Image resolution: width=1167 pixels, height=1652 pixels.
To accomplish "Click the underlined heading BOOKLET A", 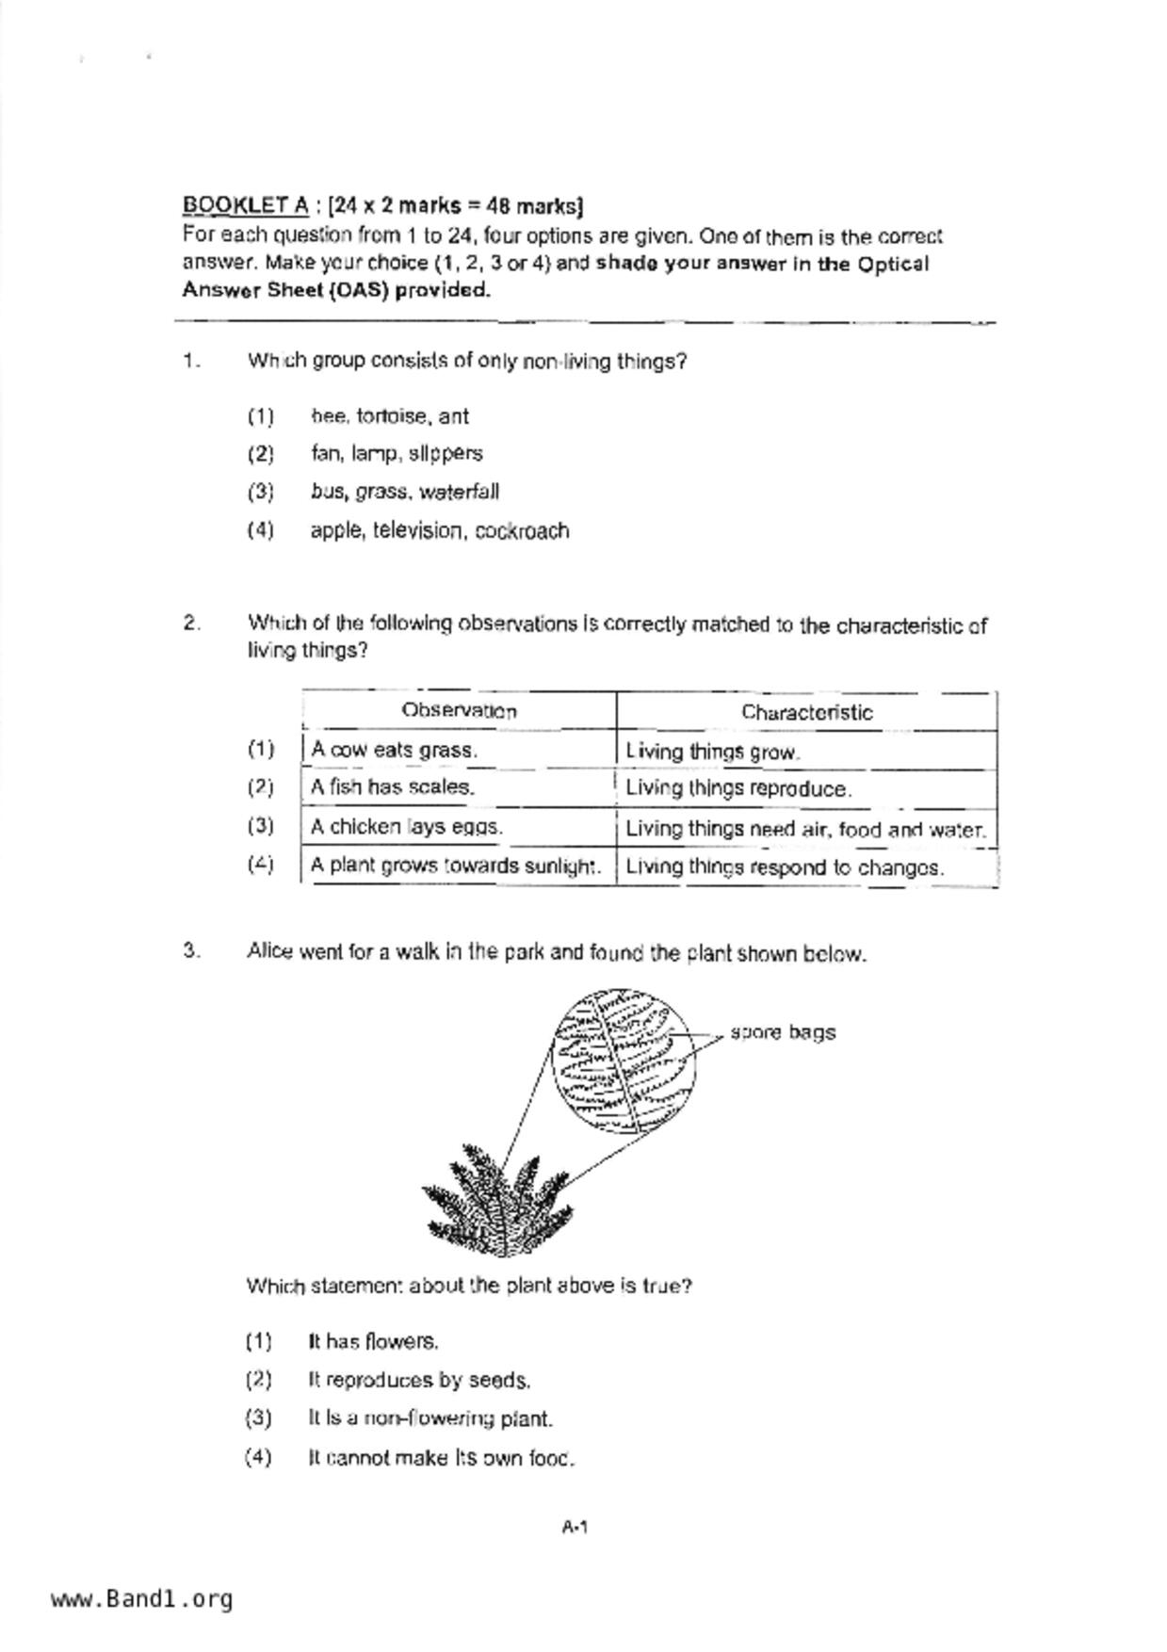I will [x=245, y=205].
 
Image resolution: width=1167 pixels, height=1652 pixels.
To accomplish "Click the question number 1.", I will [x=191, y=362].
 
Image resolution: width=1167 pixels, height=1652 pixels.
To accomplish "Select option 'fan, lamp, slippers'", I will [x=397, y=454].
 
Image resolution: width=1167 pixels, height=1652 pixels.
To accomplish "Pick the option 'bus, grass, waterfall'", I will [x=405, y=493].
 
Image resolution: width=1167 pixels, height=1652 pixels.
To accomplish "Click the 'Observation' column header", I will [x=459, y=711].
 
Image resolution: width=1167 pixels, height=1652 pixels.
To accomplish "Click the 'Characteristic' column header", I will [x=806, y=713].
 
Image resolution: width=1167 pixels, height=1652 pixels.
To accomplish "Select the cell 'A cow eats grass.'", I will [x=395, y=751].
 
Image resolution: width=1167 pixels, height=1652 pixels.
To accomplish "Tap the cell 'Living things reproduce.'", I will [x=738, y=789].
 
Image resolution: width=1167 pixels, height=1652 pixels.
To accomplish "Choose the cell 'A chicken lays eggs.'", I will [x=407, y=828].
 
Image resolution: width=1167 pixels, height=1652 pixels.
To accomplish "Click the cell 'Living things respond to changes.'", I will [x=785, y=867].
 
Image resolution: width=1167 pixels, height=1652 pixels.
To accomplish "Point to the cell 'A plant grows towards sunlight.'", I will [x=456, y=866].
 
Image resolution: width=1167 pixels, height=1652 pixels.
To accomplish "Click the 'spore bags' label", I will [x=783, y=1032].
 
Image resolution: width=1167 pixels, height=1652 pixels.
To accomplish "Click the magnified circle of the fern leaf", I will [x=624, y=1060].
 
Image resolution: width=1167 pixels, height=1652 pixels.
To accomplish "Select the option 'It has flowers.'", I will [x=373, y=1341].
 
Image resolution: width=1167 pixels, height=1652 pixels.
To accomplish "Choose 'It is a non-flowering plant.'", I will [x=430, y=1418].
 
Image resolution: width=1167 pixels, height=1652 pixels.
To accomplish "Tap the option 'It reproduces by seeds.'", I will [x=419, y=1381].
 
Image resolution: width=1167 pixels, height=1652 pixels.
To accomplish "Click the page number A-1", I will [x=575, y=1527].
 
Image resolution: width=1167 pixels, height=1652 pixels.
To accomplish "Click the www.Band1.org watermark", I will [x=142, y=1599].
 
